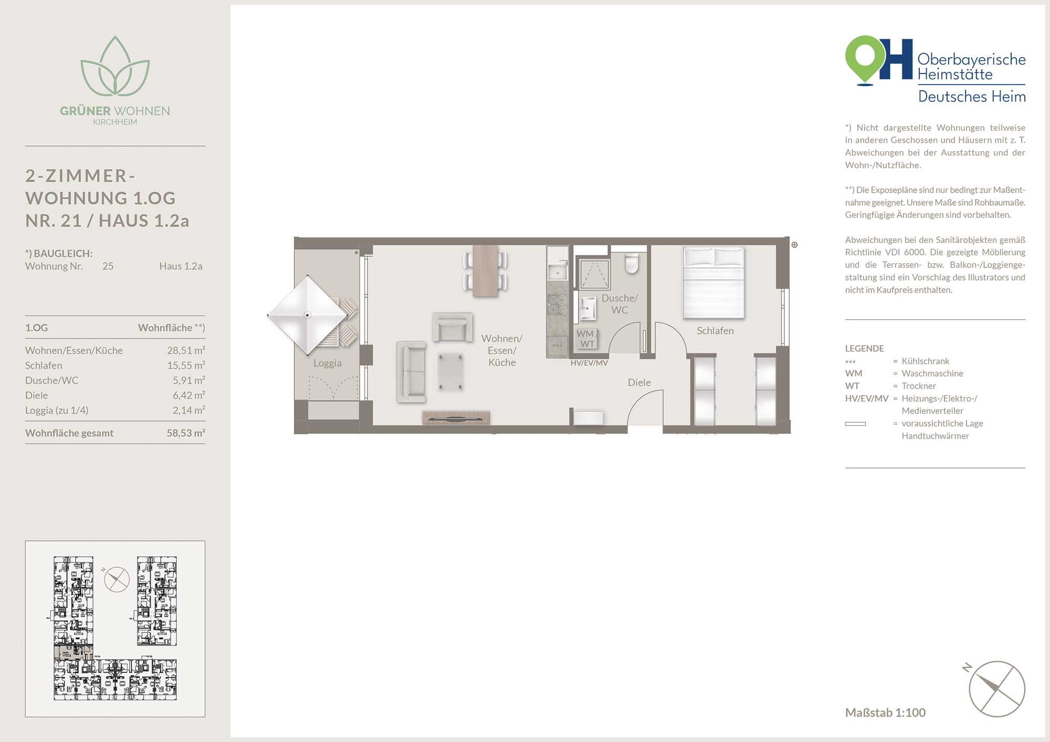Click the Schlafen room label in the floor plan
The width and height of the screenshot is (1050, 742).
715,331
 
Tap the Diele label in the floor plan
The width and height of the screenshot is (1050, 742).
639,383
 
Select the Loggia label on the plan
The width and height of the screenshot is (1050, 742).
328,363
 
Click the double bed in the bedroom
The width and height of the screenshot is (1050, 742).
713,283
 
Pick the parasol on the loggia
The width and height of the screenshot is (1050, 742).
307,315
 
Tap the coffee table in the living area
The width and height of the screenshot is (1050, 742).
450,372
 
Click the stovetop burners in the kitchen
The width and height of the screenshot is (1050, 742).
558,305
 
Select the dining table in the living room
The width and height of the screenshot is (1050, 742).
485,271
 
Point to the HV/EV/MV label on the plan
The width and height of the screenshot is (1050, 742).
589,363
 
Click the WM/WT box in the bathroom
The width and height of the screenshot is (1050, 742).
587,339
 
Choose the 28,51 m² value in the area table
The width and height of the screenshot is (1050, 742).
186,351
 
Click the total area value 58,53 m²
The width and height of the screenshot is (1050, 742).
186,433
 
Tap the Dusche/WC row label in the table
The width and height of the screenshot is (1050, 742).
51,380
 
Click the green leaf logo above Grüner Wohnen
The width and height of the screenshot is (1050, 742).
115,66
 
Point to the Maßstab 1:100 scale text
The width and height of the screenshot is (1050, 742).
885,713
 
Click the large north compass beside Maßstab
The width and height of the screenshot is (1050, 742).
996,689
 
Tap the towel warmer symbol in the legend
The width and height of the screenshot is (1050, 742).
855,424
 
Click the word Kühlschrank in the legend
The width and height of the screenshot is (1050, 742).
926,361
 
